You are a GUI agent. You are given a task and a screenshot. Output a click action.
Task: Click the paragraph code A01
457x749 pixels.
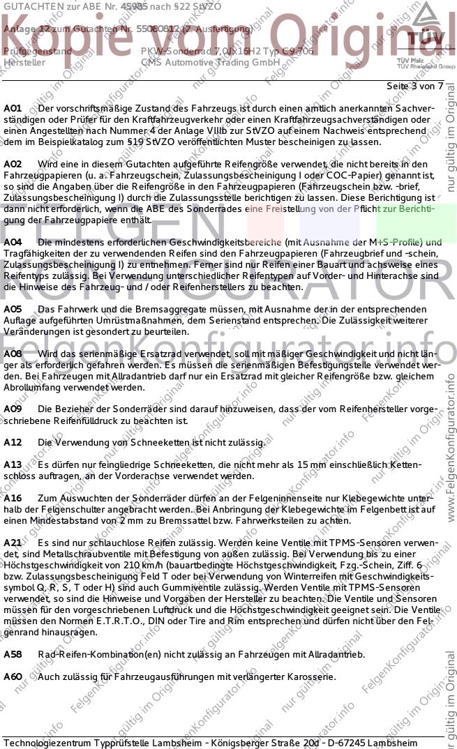coord(13,109)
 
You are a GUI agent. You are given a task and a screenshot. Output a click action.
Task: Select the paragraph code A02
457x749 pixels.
coord(13,164)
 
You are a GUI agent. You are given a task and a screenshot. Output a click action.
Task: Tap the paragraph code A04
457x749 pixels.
coord(13,242)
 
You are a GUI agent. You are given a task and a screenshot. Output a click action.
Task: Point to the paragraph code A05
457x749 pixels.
coord(13,308)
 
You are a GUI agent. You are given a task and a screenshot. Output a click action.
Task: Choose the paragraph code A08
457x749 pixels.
coord(13,354)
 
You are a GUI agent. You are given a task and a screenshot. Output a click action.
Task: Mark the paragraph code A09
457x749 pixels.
coord(13,409)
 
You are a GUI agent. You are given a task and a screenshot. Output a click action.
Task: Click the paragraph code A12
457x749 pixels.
coord(13,442)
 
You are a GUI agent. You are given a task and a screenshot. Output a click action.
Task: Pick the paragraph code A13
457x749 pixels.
coord(13,464)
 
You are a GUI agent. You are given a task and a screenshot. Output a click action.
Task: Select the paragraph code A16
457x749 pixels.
coord(13,498)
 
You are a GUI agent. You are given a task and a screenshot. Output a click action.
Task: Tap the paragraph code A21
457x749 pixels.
coord(13,542)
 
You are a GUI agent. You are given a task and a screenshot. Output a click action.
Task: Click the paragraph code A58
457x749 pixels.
coord(13,654)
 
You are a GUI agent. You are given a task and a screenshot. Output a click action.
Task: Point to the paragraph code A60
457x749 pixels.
coord(13,676)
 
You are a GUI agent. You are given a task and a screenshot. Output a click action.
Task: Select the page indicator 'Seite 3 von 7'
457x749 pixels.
coord(414,86)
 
